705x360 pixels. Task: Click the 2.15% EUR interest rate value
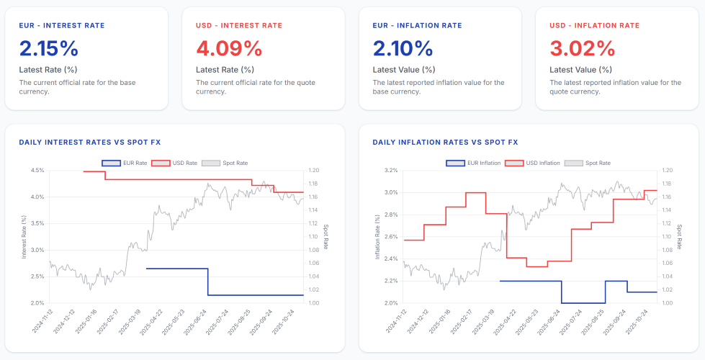[48, 48]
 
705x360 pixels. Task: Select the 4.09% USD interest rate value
[229, 48]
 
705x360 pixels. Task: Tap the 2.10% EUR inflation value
[403, 48]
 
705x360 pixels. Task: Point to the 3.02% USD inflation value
[583, 48]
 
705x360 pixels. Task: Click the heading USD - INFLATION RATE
[594, 26]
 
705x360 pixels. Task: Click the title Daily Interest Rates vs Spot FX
[89, 143]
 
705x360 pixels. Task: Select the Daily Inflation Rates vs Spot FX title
[445, 143]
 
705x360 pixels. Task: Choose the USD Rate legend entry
[174, 163]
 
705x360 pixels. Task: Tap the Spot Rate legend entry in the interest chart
[225, 163]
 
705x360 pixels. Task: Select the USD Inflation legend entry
[532, 163]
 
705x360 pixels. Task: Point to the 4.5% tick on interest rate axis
[38, 171]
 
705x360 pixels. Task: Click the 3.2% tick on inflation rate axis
[392, 171]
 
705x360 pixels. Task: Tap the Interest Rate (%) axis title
[24, 236]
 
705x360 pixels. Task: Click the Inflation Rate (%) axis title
[378, 236]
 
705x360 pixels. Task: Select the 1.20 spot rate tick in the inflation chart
[668, 171]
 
